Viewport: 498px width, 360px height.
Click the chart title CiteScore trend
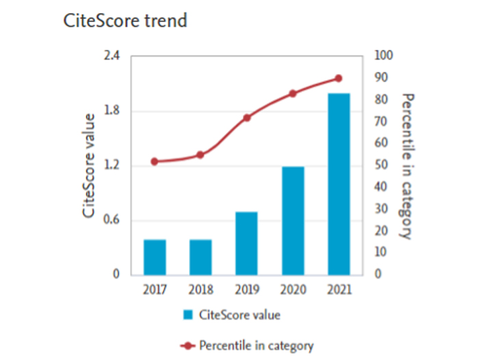pos(124,21)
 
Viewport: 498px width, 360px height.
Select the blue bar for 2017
pos(155,257)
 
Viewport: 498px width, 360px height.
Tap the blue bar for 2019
pos(247,243)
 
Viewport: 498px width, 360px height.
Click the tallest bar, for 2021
pos(339,183)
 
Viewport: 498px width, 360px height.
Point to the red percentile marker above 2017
pos(155,162)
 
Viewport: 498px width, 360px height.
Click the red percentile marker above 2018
pos(200,155)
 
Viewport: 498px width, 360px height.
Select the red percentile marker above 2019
pos(247,118)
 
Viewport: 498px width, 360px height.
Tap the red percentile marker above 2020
pos(293,93)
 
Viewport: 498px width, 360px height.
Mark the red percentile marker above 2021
pos(339,78)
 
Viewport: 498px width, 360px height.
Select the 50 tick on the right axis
pos(380,165)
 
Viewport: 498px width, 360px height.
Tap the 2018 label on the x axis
pos(200,289)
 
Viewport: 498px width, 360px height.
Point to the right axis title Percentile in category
pos(406,166)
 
